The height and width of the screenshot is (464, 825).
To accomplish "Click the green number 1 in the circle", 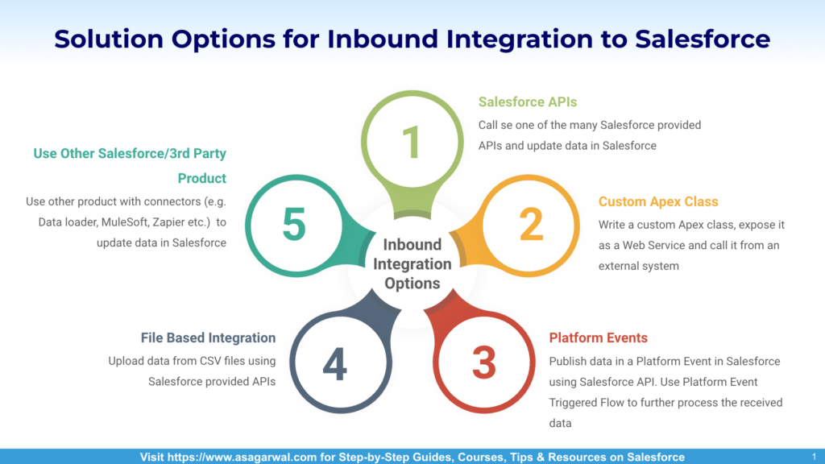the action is tap(412, 142).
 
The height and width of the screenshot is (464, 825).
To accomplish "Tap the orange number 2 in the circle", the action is tap(531, 225).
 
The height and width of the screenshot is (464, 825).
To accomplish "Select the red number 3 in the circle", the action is tap(484, 363).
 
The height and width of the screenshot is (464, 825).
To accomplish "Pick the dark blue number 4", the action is tap(334, 363).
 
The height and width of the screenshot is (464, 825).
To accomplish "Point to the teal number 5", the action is tap(294, 224).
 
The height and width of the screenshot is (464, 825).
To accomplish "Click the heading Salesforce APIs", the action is tap(527, 102).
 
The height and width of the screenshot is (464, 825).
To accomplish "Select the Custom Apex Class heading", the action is tap(658, 201).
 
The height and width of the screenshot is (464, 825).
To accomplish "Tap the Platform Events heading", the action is tap(599, 338).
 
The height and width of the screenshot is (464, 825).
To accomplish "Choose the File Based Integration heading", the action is tap(208, 338).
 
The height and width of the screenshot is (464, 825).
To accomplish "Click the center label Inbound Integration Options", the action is tap(412, 264).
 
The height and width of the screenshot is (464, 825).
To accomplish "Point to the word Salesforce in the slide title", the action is tap(703, 39).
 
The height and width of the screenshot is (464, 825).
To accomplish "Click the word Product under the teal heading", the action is tap(201, 178).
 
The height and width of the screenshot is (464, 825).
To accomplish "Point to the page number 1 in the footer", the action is tap(814, 458).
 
